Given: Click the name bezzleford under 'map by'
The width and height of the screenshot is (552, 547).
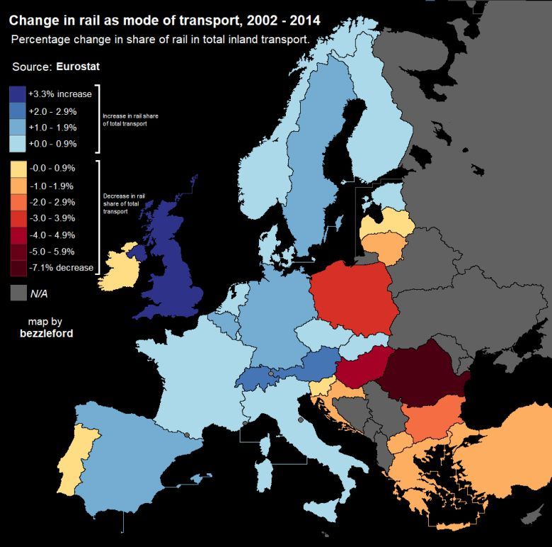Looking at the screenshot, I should pyautogui.click(x=45, y=333).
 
